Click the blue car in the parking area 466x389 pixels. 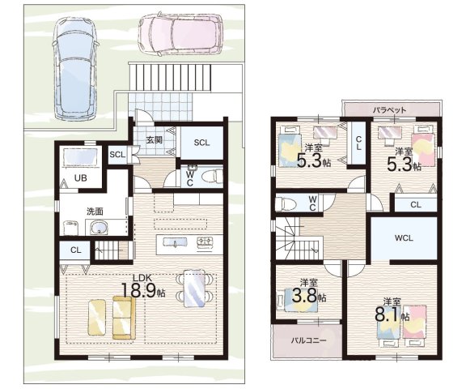click(75, 67)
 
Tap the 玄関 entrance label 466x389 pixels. click(155, 139)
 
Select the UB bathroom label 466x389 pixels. click(81, 178)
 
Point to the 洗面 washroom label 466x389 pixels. click(95, 212)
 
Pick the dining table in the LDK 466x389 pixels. click(194, 289)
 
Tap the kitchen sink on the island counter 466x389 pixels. click(175, 242)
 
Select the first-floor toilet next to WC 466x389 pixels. click(212, 176)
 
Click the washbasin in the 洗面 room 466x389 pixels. click(97, 228)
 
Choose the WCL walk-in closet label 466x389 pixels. click(404, 237)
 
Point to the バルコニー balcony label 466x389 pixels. click(308, 340)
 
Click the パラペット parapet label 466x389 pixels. click(390, 110)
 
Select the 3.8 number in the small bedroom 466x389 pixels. click(305, 296)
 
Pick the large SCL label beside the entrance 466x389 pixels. click(201, 143)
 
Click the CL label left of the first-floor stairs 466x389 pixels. click(76, 250)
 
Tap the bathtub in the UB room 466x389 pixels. click(81, 159)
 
